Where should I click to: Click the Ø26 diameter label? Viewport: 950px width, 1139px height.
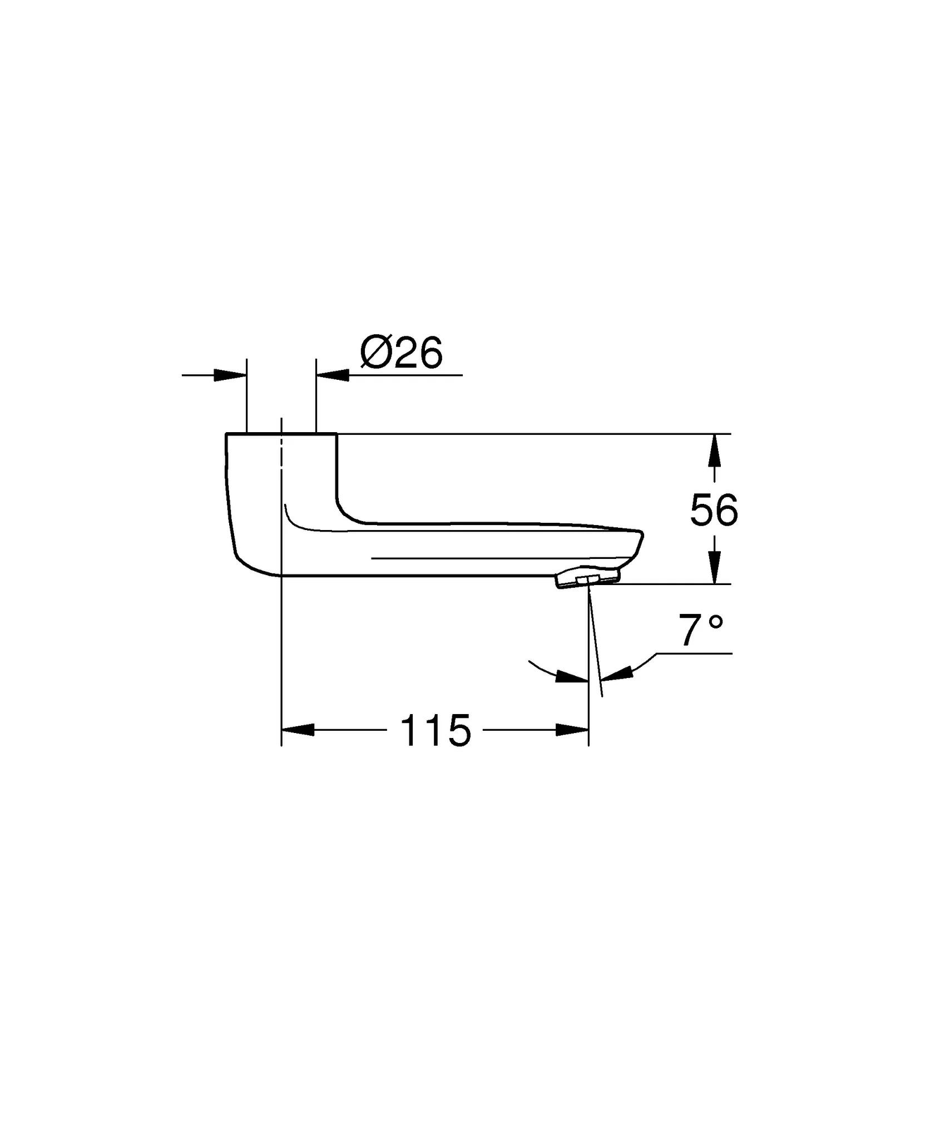(401, 353)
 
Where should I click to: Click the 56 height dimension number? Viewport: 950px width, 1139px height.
(714, 510)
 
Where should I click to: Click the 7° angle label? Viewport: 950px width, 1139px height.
(701, 631)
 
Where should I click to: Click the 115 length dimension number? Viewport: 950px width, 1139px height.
(436, 731)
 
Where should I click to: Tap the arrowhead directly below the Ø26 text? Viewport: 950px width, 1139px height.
(332, 375)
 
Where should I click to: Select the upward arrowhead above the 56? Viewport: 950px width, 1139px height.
(715, 450)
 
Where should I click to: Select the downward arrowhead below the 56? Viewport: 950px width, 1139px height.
(715, 567)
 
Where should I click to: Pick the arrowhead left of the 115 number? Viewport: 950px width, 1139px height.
(298, 730)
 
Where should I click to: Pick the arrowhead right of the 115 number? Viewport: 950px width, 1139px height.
(572, 730)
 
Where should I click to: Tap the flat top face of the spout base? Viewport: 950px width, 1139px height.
(281, 433)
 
